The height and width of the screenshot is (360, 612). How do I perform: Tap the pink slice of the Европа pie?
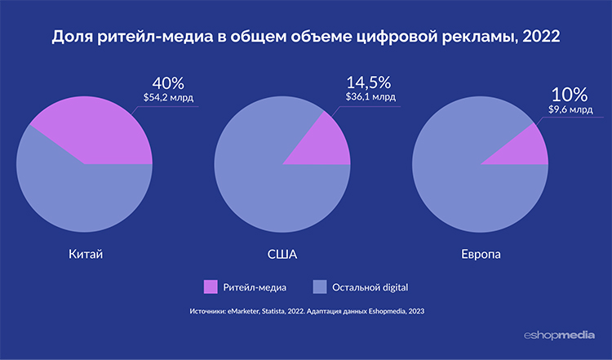531,147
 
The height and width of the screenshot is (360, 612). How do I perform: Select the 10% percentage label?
564,94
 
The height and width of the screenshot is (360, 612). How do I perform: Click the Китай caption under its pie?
84,255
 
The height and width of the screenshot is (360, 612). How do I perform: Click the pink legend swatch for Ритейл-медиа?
211,286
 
